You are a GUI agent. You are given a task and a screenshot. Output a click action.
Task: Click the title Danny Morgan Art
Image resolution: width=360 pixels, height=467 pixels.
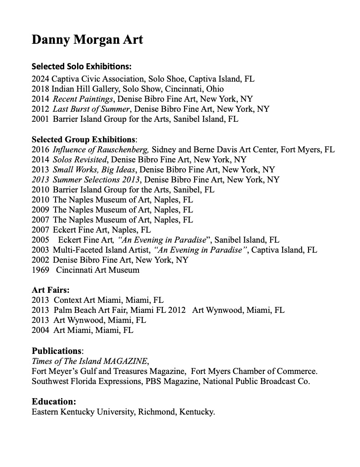tap(87, 40)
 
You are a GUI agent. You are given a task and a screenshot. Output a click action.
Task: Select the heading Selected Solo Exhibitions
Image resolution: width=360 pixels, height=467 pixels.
tap(81, 67)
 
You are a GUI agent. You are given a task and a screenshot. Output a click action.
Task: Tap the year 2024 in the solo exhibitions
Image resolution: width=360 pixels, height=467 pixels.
tap(40, 78)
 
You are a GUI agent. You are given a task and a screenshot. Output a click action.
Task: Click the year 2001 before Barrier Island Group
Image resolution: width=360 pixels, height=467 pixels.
tap(40, 119)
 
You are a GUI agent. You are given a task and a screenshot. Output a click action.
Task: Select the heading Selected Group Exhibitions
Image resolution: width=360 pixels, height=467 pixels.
tap(83, 139)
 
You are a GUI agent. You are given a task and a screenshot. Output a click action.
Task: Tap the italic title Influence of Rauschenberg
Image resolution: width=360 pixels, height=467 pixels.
tap(101, 149)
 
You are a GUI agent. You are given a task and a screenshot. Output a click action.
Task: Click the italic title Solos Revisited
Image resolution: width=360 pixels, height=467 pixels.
tap(80, 159)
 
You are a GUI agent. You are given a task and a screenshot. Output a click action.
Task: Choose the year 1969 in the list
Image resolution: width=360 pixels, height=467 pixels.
tap(40, 270)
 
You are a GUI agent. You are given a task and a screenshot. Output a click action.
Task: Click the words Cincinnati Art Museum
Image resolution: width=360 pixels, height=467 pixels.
tap(98, 270)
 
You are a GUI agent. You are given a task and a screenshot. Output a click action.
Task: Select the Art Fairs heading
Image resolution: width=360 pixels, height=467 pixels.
tap(51, 290)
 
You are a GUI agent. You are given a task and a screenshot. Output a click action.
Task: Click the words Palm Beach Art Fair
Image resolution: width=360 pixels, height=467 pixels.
tap(90, 310)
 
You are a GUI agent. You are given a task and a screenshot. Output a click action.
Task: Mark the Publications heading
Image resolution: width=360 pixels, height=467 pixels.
tap(57, 351)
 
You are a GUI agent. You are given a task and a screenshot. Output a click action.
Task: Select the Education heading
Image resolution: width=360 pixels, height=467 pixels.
tap(54, 401)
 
